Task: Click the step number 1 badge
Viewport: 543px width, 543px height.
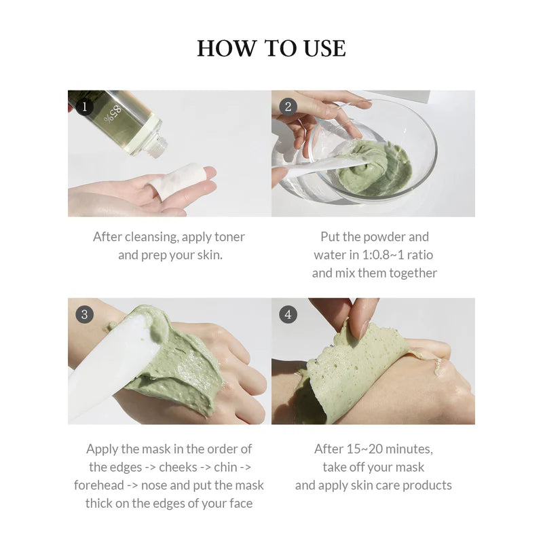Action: tap(84, 107)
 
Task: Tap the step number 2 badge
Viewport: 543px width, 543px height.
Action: tap(288, 107)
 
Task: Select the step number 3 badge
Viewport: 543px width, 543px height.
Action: tap(84, 314)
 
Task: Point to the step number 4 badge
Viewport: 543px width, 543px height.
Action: tap(288, 314)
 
